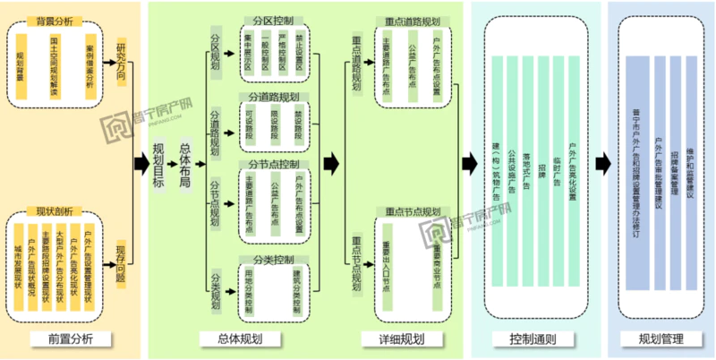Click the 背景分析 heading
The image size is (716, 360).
pyautogui.click(x=55, y=20)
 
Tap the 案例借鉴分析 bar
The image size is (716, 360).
pyautogui.click(x=89, y=67)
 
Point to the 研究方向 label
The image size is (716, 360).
pyautogui.click(x=121, y=62)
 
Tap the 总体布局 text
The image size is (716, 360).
pyautogui.click(x=185, y=165)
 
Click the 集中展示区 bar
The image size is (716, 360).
pyautogui.click(x=247, y=55)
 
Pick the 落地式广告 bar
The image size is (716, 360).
pyautogui.click(x=527, y=170)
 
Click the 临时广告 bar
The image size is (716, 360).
pyautogui.click(x=557, y=170)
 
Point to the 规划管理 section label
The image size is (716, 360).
pyautogui.click(x=661, y=339)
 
